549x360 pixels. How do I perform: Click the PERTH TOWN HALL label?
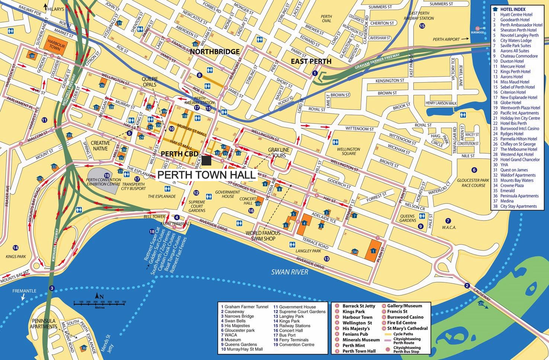coord(207,175)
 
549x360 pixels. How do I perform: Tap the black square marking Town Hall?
coord(207,161)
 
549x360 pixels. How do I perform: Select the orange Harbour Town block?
coord(57,44)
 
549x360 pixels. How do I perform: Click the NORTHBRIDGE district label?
coord(215,52)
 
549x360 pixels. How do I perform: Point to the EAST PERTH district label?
coord(311,61)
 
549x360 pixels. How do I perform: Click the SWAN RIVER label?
coord(289,272)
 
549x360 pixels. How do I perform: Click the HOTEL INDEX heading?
coord(514,9)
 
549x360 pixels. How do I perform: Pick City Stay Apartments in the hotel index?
coord(518,206)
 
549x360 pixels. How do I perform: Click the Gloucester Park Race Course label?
coord(473,183)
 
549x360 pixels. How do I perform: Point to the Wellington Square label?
coord(348,151)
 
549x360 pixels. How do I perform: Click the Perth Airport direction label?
coord(446,39)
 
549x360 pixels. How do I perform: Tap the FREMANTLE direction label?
coord(24,291)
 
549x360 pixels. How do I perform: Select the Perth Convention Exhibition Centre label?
coord(103,182)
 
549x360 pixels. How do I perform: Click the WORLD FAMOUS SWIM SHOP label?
coord(263,235)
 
